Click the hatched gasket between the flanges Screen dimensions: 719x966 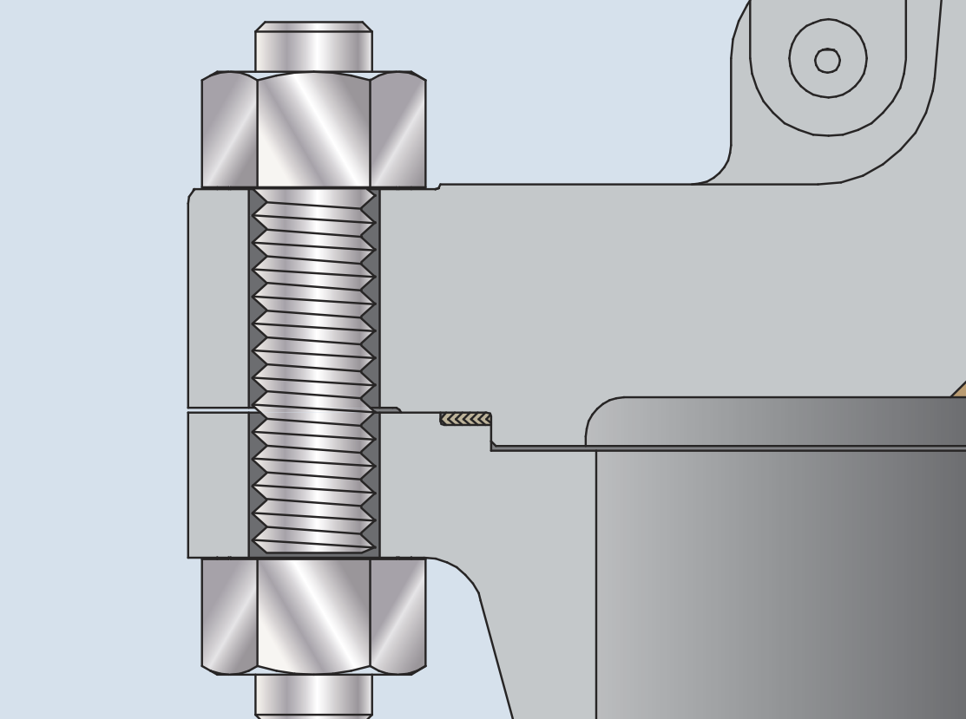(465, 419)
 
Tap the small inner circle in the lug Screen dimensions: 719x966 (827, 61)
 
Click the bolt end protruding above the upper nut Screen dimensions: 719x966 (313, 49)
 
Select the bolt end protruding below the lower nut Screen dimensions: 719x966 (313, 696)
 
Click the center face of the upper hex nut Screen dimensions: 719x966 (313, 130)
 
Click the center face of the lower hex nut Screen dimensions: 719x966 (313, 616)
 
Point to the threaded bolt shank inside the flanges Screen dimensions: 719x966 (313, 373)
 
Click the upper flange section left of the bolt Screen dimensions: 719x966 (218, 299)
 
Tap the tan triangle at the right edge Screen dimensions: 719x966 (959, 390)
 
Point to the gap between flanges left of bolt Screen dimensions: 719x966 (218, 409)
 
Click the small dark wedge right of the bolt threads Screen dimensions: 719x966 (387, 409)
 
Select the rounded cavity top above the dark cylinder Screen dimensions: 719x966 (772, 422)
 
